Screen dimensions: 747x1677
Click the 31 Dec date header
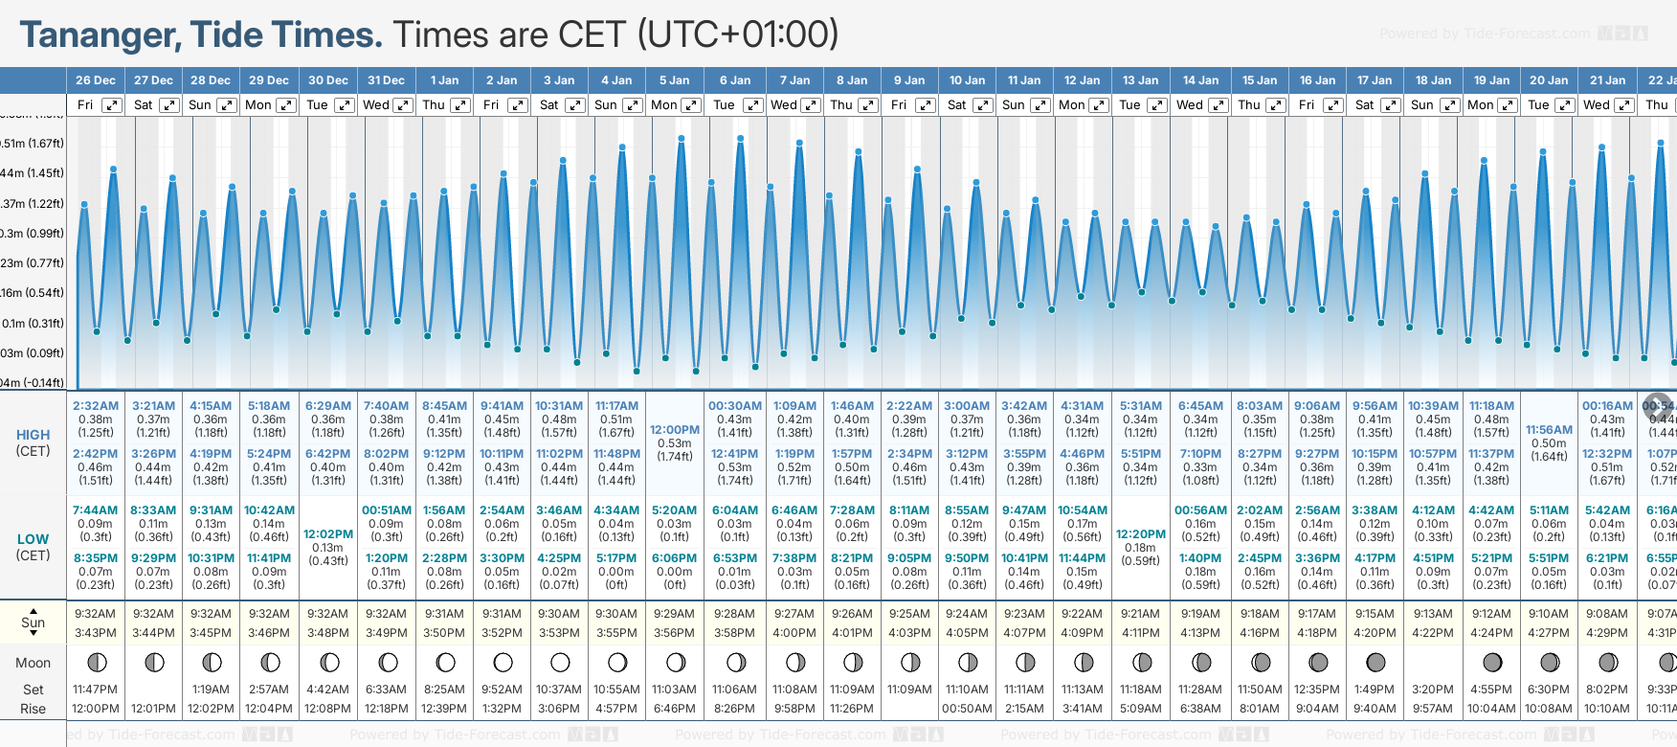point(386,80)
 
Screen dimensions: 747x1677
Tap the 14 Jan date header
point(1200,80)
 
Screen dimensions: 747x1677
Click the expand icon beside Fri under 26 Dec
point(112,105)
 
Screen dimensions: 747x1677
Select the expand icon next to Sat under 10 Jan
point(983,105)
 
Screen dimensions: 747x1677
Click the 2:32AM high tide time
point(95,406)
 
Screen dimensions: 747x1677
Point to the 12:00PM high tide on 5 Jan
point(675,430)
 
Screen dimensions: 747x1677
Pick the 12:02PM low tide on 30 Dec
point(328,534)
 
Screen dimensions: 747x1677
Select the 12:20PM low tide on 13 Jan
point(1141,534)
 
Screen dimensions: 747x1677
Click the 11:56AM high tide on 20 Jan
point(1549,430)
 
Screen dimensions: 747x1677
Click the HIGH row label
point(33,435)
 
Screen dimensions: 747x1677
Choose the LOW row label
point(33,539)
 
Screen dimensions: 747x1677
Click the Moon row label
point(33,663)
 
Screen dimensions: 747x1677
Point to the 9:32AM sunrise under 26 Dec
point(95,614)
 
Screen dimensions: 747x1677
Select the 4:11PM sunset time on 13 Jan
point(1141,633)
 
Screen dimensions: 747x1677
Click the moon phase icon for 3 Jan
point(560,662)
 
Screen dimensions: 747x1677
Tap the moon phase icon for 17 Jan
point(1375,662)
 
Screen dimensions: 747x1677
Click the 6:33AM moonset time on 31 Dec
point(386,690)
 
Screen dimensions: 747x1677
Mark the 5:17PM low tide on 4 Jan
point(616,558)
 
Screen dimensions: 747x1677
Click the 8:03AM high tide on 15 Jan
point(1260,406)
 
